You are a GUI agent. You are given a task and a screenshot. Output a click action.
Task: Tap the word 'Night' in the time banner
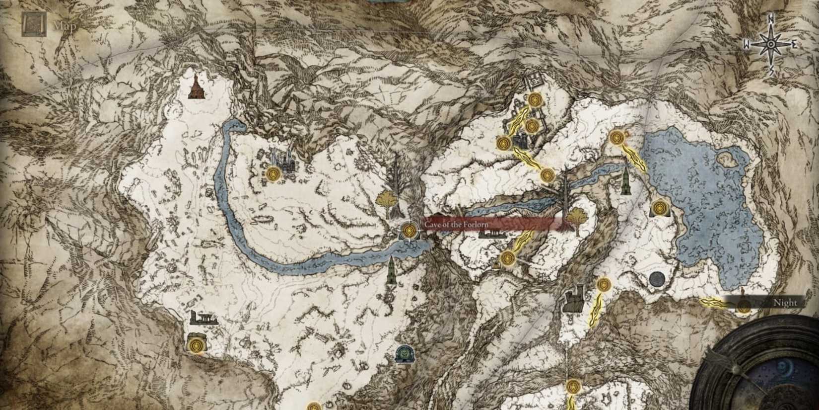pyautogui.click(x=785, y=303)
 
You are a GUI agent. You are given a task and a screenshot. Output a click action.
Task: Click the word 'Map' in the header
pyautogui.click(x=65, y=26)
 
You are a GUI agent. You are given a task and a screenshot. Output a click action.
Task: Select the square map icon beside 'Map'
pyautogui.click(x=34, y=24)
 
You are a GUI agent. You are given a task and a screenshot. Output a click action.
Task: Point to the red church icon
pyautogui.click(x=197, y=87)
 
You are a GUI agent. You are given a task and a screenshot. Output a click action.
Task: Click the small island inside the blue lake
pyautogui.click(x=727, y=159)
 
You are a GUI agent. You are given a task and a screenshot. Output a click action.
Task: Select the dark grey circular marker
pyautogui.click(x=657, y=279)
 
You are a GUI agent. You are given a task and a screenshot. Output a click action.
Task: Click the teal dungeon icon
pyautogui.click(x=403, y=353)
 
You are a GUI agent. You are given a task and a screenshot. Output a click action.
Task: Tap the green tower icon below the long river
pyautogui.click(x=392, y=271)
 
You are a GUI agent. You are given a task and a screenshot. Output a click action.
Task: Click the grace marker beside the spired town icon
pyautogui.click(x=273, y=174)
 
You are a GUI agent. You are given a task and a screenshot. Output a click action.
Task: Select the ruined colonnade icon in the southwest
pyautogui.click(x=204, y=318)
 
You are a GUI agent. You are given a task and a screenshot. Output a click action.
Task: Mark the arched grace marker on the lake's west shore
pyautogui.click(x=659, y=208)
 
